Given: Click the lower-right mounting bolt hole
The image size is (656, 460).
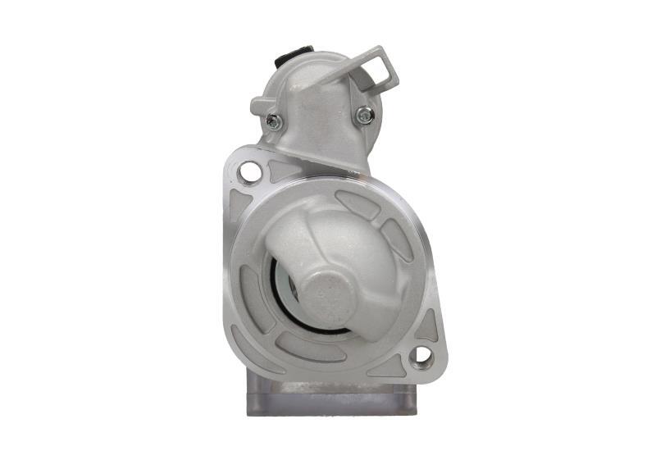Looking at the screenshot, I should pos(421,355).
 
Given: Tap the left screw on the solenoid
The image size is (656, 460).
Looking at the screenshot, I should pos(274,122).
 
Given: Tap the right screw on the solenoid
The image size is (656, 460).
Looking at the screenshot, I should pos(365,116).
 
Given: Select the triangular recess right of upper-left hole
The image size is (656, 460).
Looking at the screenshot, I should pos(281,170).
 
